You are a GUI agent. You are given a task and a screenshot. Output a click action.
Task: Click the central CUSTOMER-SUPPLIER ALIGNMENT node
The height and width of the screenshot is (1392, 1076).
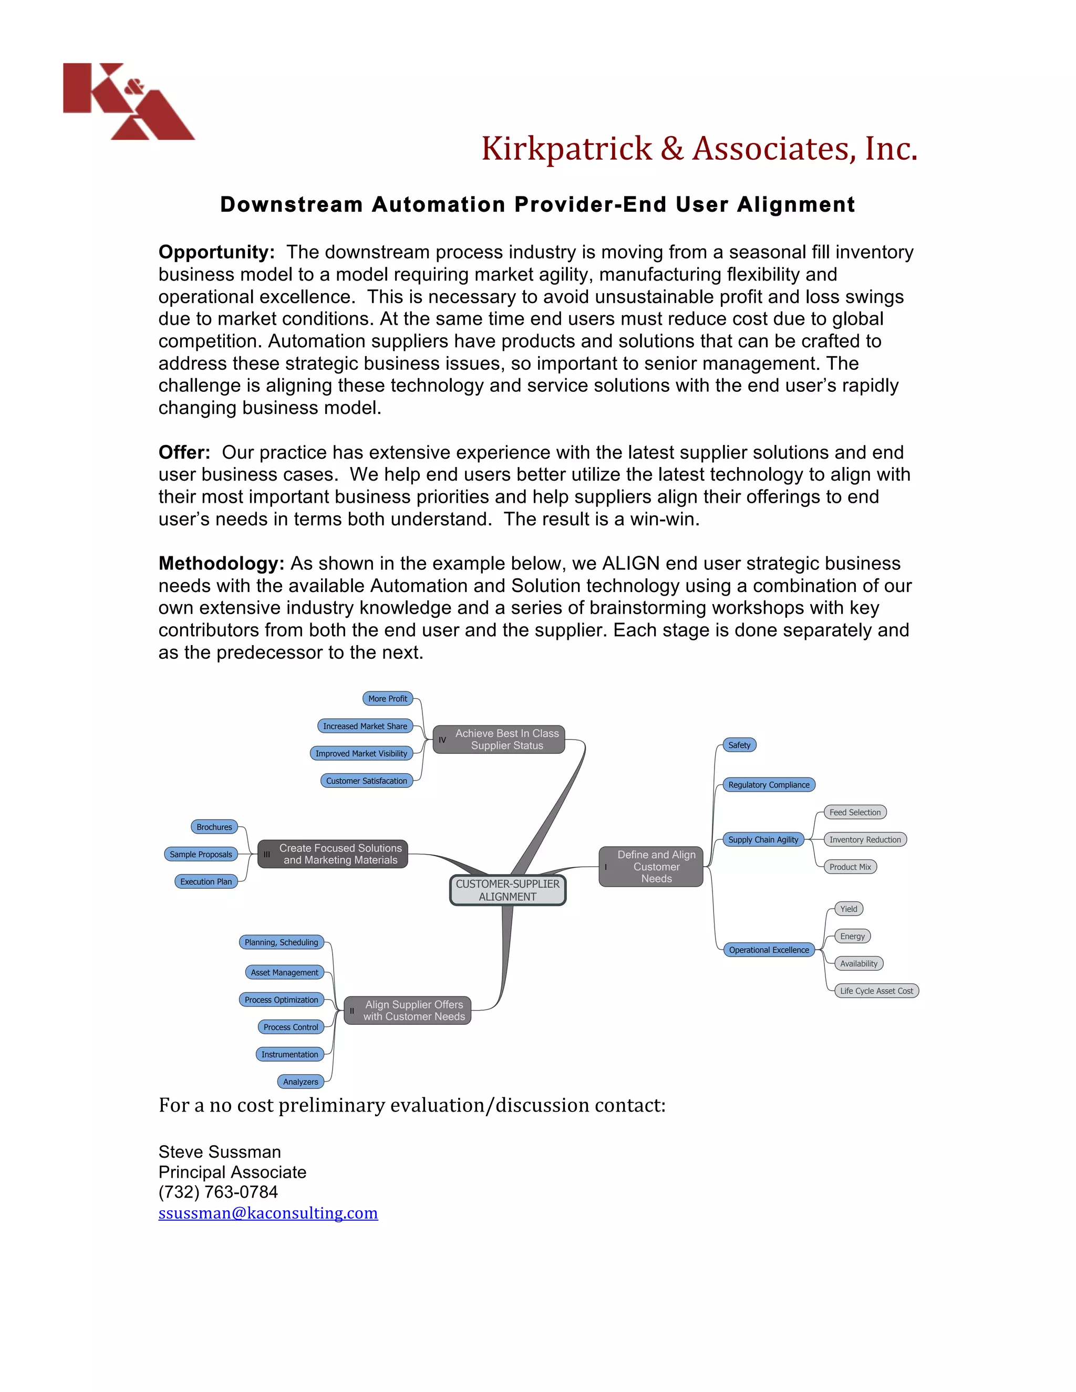(x=508, y=890)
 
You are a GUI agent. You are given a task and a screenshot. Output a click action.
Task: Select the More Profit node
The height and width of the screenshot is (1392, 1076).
(x=388, y=699)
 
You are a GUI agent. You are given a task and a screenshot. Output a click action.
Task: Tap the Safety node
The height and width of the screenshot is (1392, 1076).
(x=739, y=745)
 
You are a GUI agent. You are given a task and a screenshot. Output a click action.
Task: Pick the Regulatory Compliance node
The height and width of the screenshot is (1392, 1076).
(x=769, y=785)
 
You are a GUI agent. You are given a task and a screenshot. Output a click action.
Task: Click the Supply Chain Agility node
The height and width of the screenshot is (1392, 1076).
(x=763, y=839)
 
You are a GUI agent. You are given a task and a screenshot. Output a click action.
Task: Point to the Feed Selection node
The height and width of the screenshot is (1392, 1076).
(x=855, y=812)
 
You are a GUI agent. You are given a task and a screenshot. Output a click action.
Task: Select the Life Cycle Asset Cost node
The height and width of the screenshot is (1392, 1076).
(x=876, y=991)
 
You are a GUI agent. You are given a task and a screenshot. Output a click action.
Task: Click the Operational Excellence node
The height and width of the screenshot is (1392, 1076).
(x=769, y=950)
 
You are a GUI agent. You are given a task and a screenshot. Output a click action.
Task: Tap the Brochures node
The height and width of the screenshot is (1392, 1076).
(x=214, y=827)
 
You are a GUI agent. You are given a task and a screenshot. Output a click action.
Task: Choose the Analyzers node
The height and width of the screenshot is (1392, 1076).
(x=300, y=1082)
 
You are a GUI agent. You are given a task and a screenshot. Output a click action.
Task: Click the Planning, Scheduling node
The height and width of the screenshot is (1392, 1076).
(x=281, y=942)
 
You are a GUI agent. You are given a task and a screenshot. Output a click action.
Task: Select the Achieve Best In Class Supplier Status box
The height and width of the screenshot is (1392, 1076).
(x=499, y=740)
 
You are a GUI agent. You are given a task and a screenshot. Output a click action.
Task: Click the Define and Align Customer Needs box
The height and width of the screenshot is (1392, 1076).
(x=651, y=867)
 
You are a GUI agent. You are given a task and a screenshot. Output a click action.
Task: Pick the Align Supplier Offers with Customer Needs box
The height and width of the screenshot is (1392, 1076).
(x=407, y=1010)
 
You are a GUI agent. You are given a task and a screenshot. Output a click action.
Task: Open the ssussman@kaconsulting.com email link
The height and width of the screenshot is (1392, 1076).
(x=268, y=1213)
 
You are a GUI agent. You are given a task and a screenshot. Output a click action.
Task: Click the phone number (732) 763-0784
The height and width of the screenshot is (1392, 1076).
(x=218, y=1192)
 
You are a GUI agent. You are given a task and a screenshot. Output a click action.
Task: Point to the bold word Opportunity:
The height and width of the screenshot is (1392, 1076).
(x=216, y=252)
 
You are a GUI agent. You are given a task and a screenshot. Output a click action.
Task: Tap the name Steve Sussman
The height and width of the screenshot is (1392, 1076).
(x=219, y=1152)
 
